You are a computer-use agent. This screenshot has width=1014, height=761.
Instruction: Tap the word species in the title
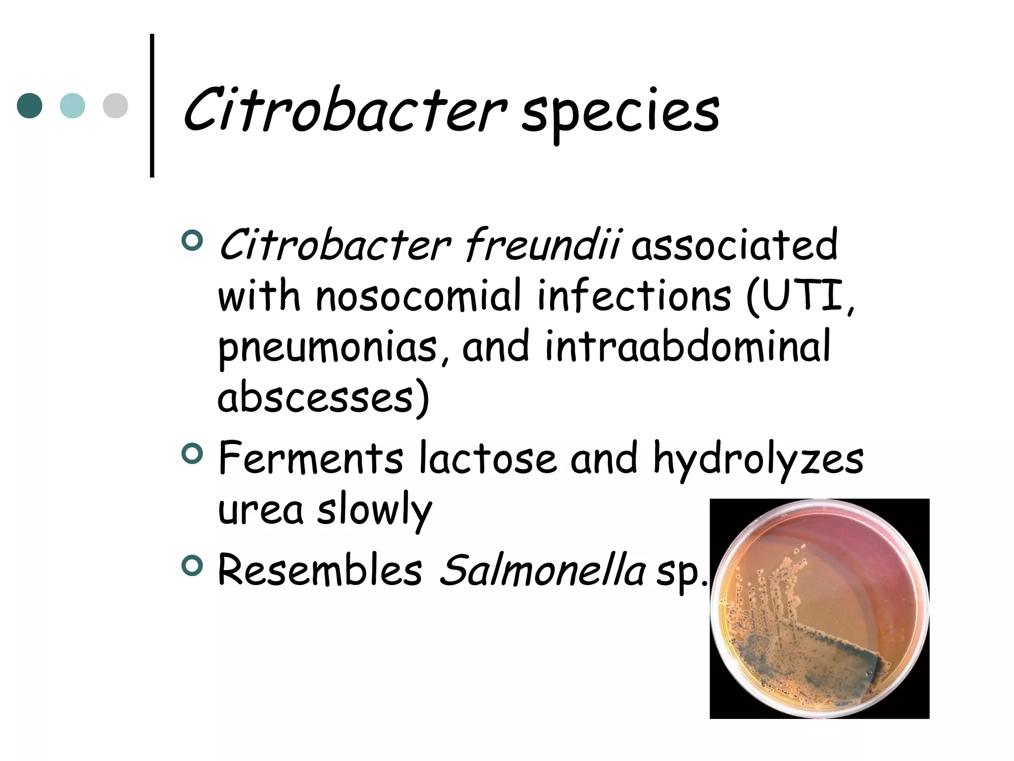click(x=620, y=113)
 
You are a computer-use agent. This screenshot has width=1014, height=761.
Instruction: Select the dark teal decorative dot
click(x=30, y=106)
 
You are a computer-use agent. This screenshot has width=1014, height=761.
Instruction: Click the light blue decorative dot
click(x=72, y=106)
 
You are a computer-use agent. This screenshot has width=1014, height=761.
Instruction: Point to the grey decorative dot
click(x=115, y=106)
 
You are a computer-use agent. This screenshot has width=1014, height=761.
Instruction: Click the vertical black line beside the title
click(x=152, y=106)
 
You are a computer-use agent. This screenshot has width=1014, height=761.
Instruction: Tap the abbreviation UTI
click(x=802, y=296)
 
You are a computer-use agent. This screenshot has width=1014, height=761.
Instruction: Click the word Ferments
click(x=311, y=458)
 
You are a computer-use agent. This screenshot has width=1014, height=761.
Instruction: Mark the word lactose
click(x=488, y=458)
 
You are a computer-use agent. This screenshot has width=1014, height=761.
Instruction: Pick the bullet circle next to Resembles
click(x=192, y=566)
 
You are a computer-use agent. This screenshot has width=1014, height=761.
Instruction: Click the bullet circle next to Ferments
click(x=192, y=454)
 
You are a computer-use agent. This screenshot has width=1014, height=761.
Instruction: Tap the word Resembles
click(x=320, y=570)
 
